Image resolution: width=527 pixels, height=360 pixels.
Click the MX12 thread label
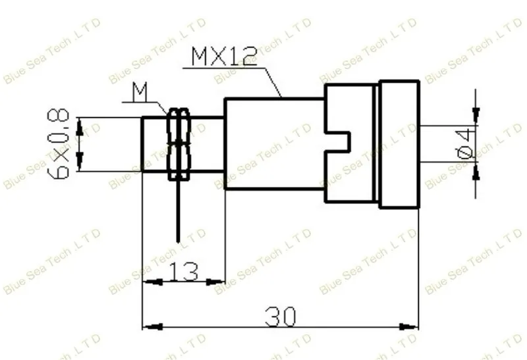[224, 57]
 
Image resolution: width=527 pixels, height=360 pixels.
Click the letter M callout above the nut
[140, 92]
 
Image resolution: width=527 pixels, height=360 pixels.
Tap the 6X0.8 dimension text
[59, 144]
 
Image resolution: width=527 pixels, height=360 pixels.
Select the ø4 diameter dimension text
[466, 144]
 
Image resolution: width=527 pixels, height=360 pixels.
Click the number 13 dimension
[184, 271]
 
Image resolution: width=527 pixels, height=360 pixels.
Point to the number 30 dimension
[281, 317]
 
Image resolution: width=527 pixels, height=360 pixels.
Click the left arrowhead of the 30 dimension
[153, 326]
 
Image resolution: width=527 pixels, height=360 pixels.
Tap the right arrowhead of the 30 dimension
[408, 326]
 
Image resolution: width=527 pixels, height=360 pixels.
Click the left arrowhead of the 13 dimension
[153, 282]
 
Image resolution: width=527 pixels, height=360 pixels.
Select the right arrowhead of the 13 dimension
[215, 282]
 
